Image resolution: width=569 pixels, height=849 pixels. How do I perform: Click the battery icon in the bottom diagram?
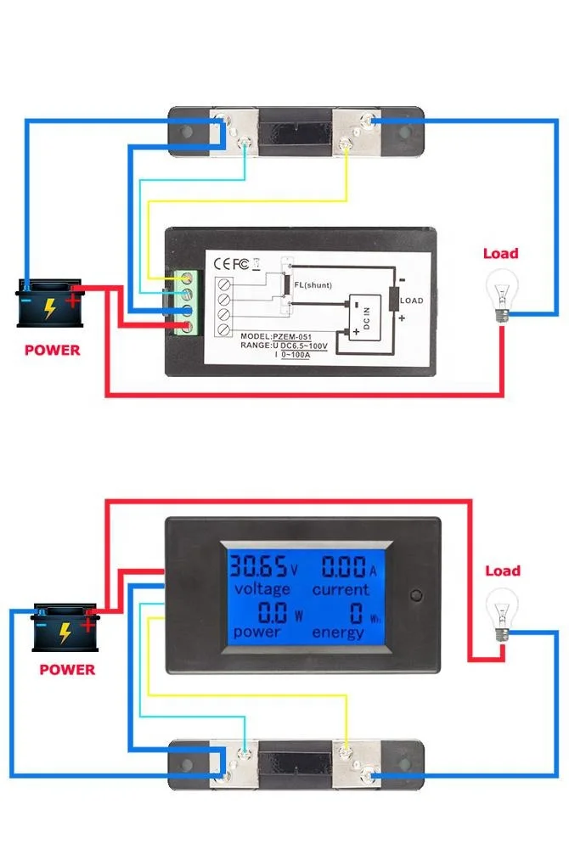64,628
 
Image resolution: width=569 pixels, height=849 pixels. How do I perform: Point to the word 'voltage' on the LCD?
262,588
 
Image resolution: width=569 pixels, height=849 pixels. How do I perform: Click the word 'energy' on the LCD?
337,632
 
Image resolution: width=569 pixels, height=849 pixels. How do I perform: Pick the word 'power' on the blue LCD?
257,632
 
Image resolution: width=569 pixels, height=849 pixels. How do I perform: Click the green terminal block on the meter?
187,302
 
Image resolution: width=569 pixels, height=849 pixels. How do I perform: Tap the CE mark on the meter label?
226,262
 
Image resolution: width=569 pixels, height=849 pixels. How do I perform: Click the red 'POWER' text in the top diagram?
52,350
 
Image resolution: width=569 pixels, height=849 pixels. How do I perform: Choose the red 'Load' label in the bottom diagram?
502,571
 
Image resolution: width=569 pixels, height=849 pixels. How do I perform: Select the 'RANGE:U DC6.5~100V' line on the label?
270,346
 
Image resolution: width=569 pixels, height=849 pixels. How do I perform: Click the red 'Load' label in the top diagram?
500,253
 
